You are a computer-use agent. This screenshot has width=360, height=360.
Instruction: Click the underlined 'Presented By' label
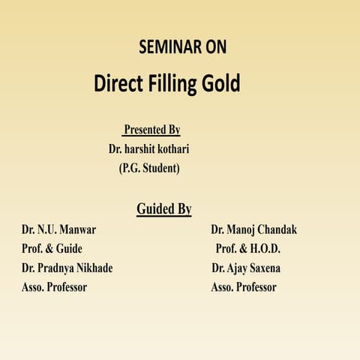pyautogui.click(x=152, y=130)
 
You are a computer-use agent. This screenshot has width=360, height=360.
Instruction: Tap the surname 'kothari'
pyautogui.click(x=176, y=148)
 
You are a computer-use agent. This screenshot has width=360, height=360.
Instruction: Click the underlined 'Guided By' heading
pyautogui.click(x=163, y=208)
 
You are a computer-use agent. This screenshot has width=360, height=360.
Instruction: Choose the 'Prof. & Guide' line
pyautogui.click(x=52, y=248)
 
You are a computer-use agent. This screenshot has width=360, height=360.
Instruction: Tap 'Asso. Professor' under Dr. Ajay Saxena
pyautogui.click(x=244, y=287)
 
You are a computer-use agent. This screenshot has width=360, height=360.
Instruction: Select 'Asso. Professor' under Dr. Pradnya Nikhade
pyautogui.click(x=54, y=287)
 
